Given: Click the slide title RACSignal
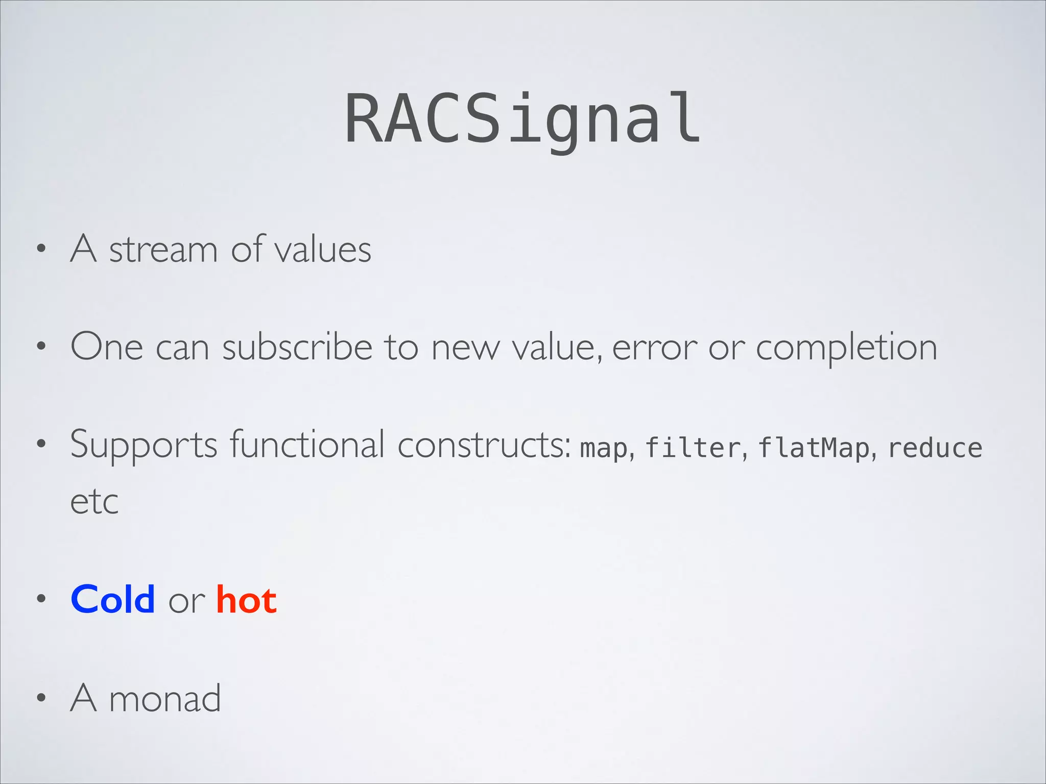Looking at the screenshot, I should point(523,118).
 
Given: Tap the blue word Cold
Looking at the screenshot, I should point(113,599).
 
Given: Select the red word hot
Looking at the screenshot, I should point(246,599).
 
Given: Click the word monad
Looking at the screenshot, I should point(164,698).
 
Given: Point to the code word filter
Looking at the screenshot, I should point(693,448).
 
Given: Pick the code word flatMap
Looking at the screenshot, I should point(813,448).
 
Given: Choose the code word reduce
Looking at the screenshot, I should point(935,448).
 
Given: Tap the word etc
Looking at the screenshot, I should point(94,502).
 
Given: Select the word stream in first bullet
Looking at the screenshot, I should point(163,250).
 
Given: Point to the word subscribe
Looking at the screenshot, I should point(297,347).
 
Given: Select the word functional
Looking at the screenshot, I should point(307,444).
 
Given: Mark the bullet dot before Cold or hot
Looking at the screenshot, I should point(41,599).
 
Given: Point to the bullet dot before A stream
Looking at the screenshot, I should point(41,250).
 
